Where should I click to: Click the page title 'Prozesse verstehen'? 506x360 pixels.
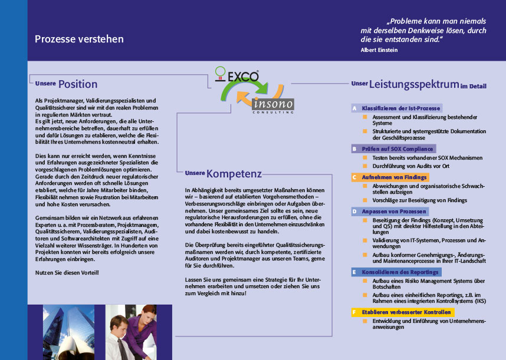79,39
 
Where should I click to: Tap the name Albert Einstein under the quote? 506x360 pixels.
379,50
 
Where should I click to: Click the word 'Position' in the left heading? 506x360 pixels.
78,84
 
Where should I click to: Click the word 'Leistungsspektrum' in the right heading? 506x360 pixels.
414,84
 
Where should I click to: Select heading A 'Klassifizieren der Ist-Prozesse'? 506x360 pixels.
400,108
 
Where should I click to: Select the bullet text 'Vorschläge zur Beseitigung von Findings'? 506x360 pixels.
419,200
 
